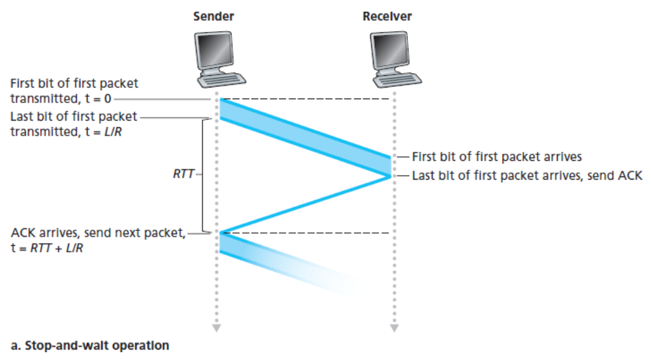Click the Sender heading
pyautogui.click(x=213, y=16)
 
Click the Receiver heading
pyautogui.click(x=387, y=16)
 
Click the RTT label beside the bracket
pyautogui.click(x=183, y=174)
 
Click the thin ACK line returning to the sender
pyautogui.click(x=305, y=204)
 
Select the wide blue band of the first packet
pyautogui.click(x=305, y=137)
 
